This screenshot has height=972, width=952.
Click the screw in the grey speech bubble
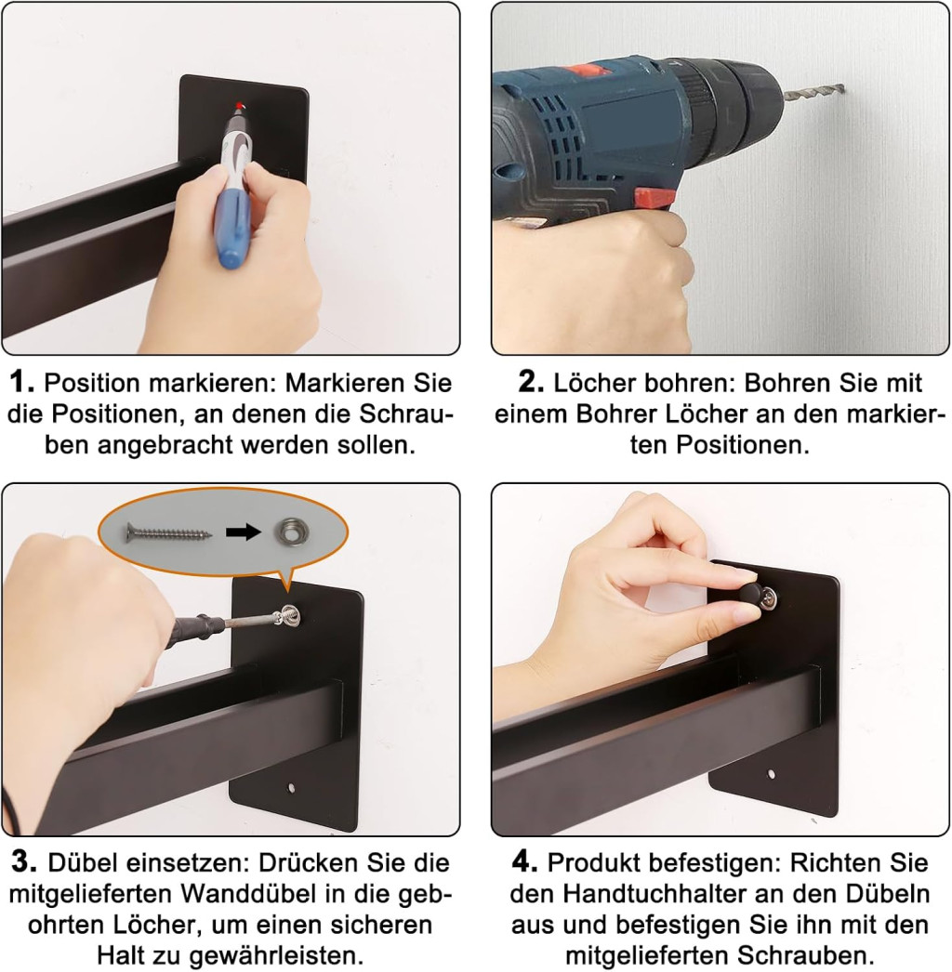(168, 532)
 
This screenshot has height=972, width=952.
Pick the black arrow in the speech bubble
(244, 532)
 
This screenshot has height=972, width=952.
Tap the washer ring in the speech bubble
(289, 532)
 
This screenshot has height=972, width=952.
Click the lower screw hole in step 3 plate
(292, 789)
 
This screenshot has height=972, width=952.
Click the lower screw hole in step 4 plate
(771, 774)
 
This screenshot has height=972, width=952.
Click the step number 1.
(23, 382)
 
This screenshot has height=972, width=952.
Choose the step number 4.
(524, 862)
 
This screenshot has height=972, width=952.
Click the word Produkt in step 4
(591, 862)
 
